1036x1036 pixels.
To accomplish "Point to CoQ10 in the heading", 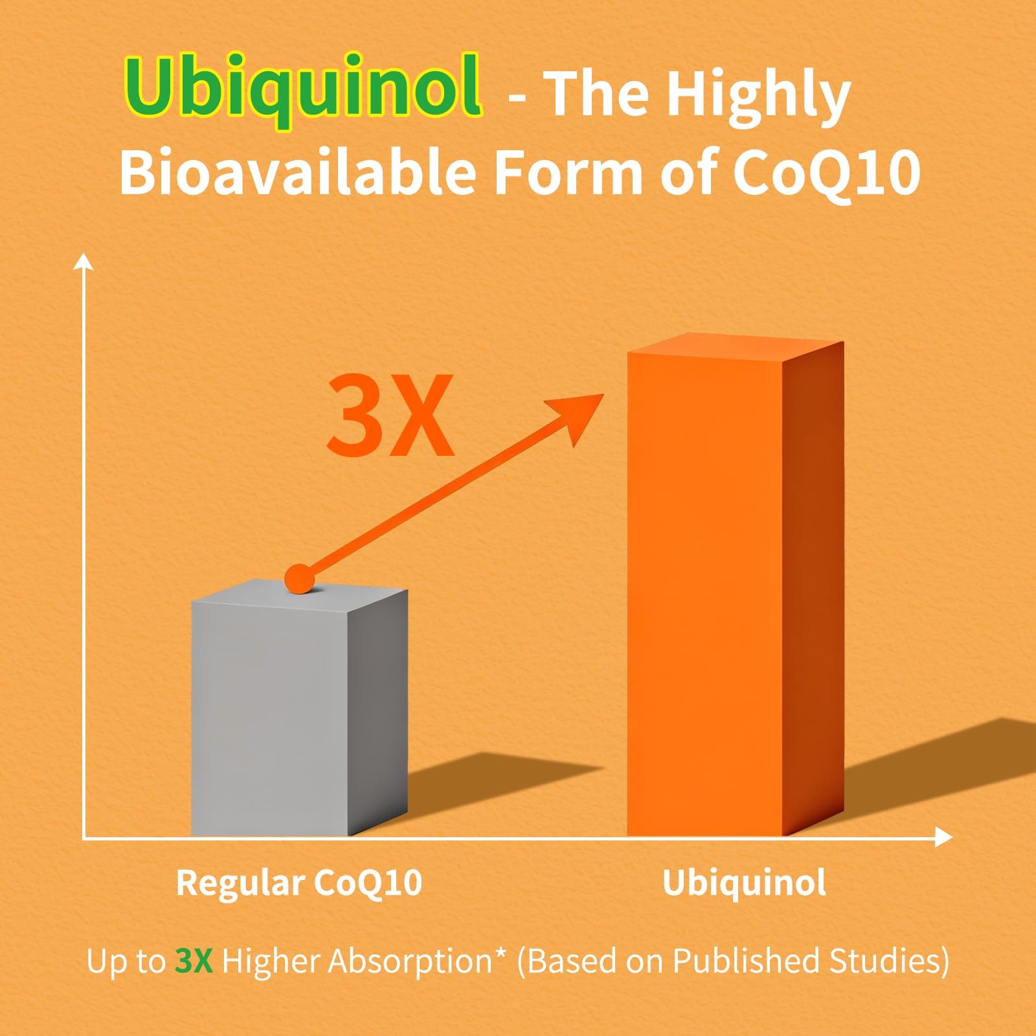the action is [x=826, y=172].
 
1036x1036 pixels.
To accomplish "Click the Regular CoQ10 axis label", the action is [x=299, y=883].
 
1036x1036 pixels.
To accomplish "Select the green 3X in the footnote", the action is [x=194, y=961].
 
